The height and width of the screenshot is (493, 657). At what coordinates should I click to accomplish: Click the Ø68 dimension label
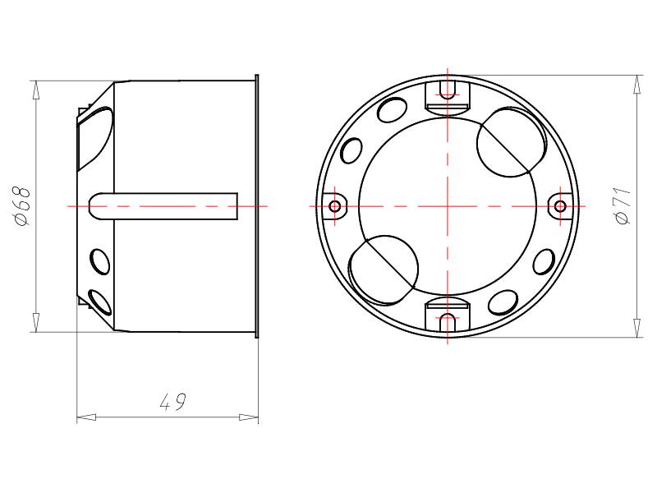pyautogui.click(x=23, y=206)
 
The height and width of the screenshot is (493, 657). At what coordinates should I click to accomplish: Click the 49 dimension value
pyautogui.click(x=172, y=402)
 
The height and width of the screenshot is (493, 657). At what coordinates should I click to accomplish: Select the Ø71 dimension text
pyautogui.click(x=623, y=206)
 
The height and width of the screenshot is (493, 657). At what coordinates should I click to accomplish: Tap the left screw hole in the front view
pyautogui.click(x=335, y=206)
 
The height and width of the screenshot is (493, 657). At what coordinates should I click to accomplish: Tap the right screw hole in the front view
pyautogui.click(x=560, y=206)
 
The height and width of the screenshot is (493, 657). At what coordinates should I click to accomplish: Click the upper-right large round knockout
pyautogui.click(x=512, y=141)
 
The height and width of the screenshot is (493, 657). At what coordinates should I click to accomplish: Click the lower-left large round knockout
pyautogui.click(x=384, y=270)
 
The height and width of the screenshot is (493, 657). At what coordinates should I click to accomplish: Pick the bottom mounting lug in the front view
pyautogui.click(x=448, y=315)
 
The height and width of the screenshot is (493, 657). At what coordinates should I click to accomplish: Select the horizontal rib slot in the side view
pyautogui.click(x=163, y=206)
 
